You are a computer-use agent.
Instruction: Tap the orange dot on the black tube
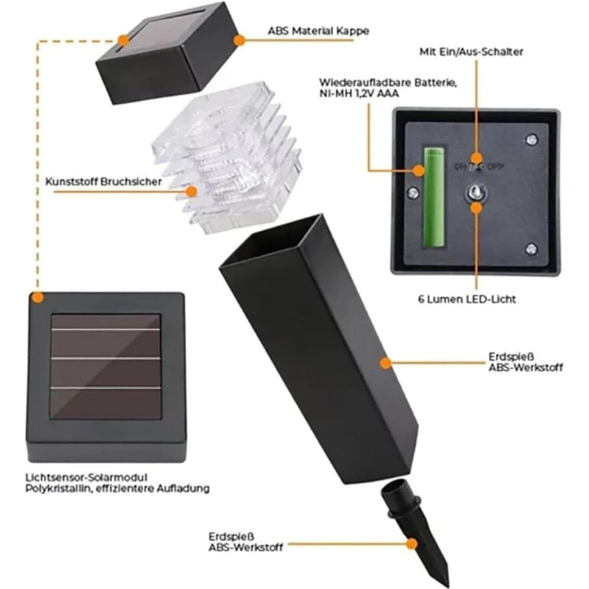pos(384,361)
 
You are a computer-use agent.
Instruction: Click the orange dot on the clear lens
pos(192,191)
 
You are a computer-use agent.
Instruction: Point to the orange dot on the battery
pos(419,171)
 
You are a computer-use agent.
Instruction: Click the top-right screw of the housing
pos(530,138)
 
